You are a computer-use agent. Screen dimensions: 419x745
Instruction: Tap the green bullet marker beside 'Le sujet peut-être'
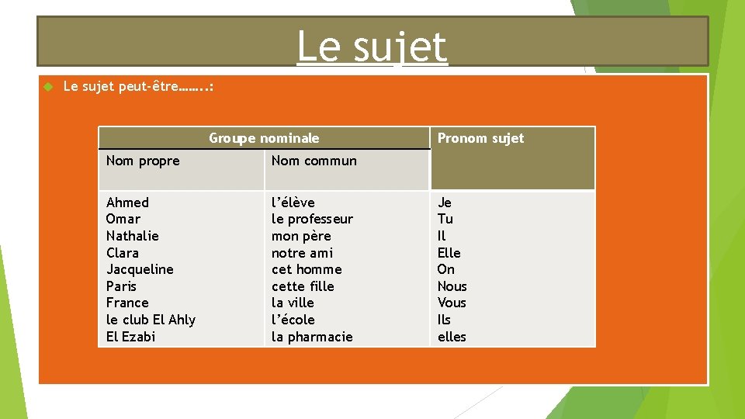(47, 87)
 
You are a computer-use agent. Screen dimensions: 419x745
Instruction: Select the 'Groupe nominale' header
(264, 138)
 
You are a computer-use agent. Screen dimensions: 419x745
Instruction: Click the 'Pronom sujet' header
(480, 138)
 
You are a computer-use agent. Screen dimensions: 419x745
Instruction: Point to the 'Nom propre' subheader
(143, 161)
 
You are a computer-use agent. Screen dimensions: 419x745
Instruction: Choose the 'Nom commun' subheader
(314, 161)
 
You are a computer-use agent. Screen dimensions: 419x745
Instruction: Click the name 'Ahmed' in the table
(127, 203)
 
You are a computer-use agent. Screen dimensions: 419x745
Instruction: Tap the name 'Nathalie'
(132, 236)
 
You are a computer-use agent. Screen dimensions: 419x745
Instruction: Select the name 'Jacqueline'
(140, 269)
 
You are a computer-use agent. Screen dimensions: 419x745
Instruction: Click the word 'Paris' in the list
(121, 286)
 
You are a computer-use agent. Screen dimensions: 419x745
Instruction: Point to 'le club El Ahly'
(151, 320)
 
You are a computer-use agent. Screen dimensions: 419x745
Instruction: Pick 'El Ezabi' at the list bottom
(130, 337)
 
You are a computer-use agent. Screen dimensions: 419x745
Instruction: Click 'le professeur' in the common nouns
(312, 219)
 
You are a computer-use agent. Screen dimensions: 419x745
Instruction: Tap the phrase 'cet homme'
(307, 269)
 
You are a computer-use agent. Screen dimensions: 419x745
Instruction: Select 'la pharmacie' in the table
(312, 337)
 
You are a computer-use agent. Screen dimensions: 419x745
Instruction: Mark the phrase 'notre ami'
(302, 253)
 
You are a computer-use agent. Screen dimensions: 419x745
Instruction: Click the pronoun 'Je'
(445, 203)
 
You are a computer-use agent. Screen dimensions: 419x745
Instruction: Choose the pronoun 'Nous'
(452, 286)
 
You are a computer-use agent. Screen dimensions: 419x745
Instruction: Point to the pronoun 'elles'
(452, 337)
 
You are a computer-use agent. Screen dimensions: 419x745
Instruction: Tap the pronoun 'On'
(446, 269)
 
